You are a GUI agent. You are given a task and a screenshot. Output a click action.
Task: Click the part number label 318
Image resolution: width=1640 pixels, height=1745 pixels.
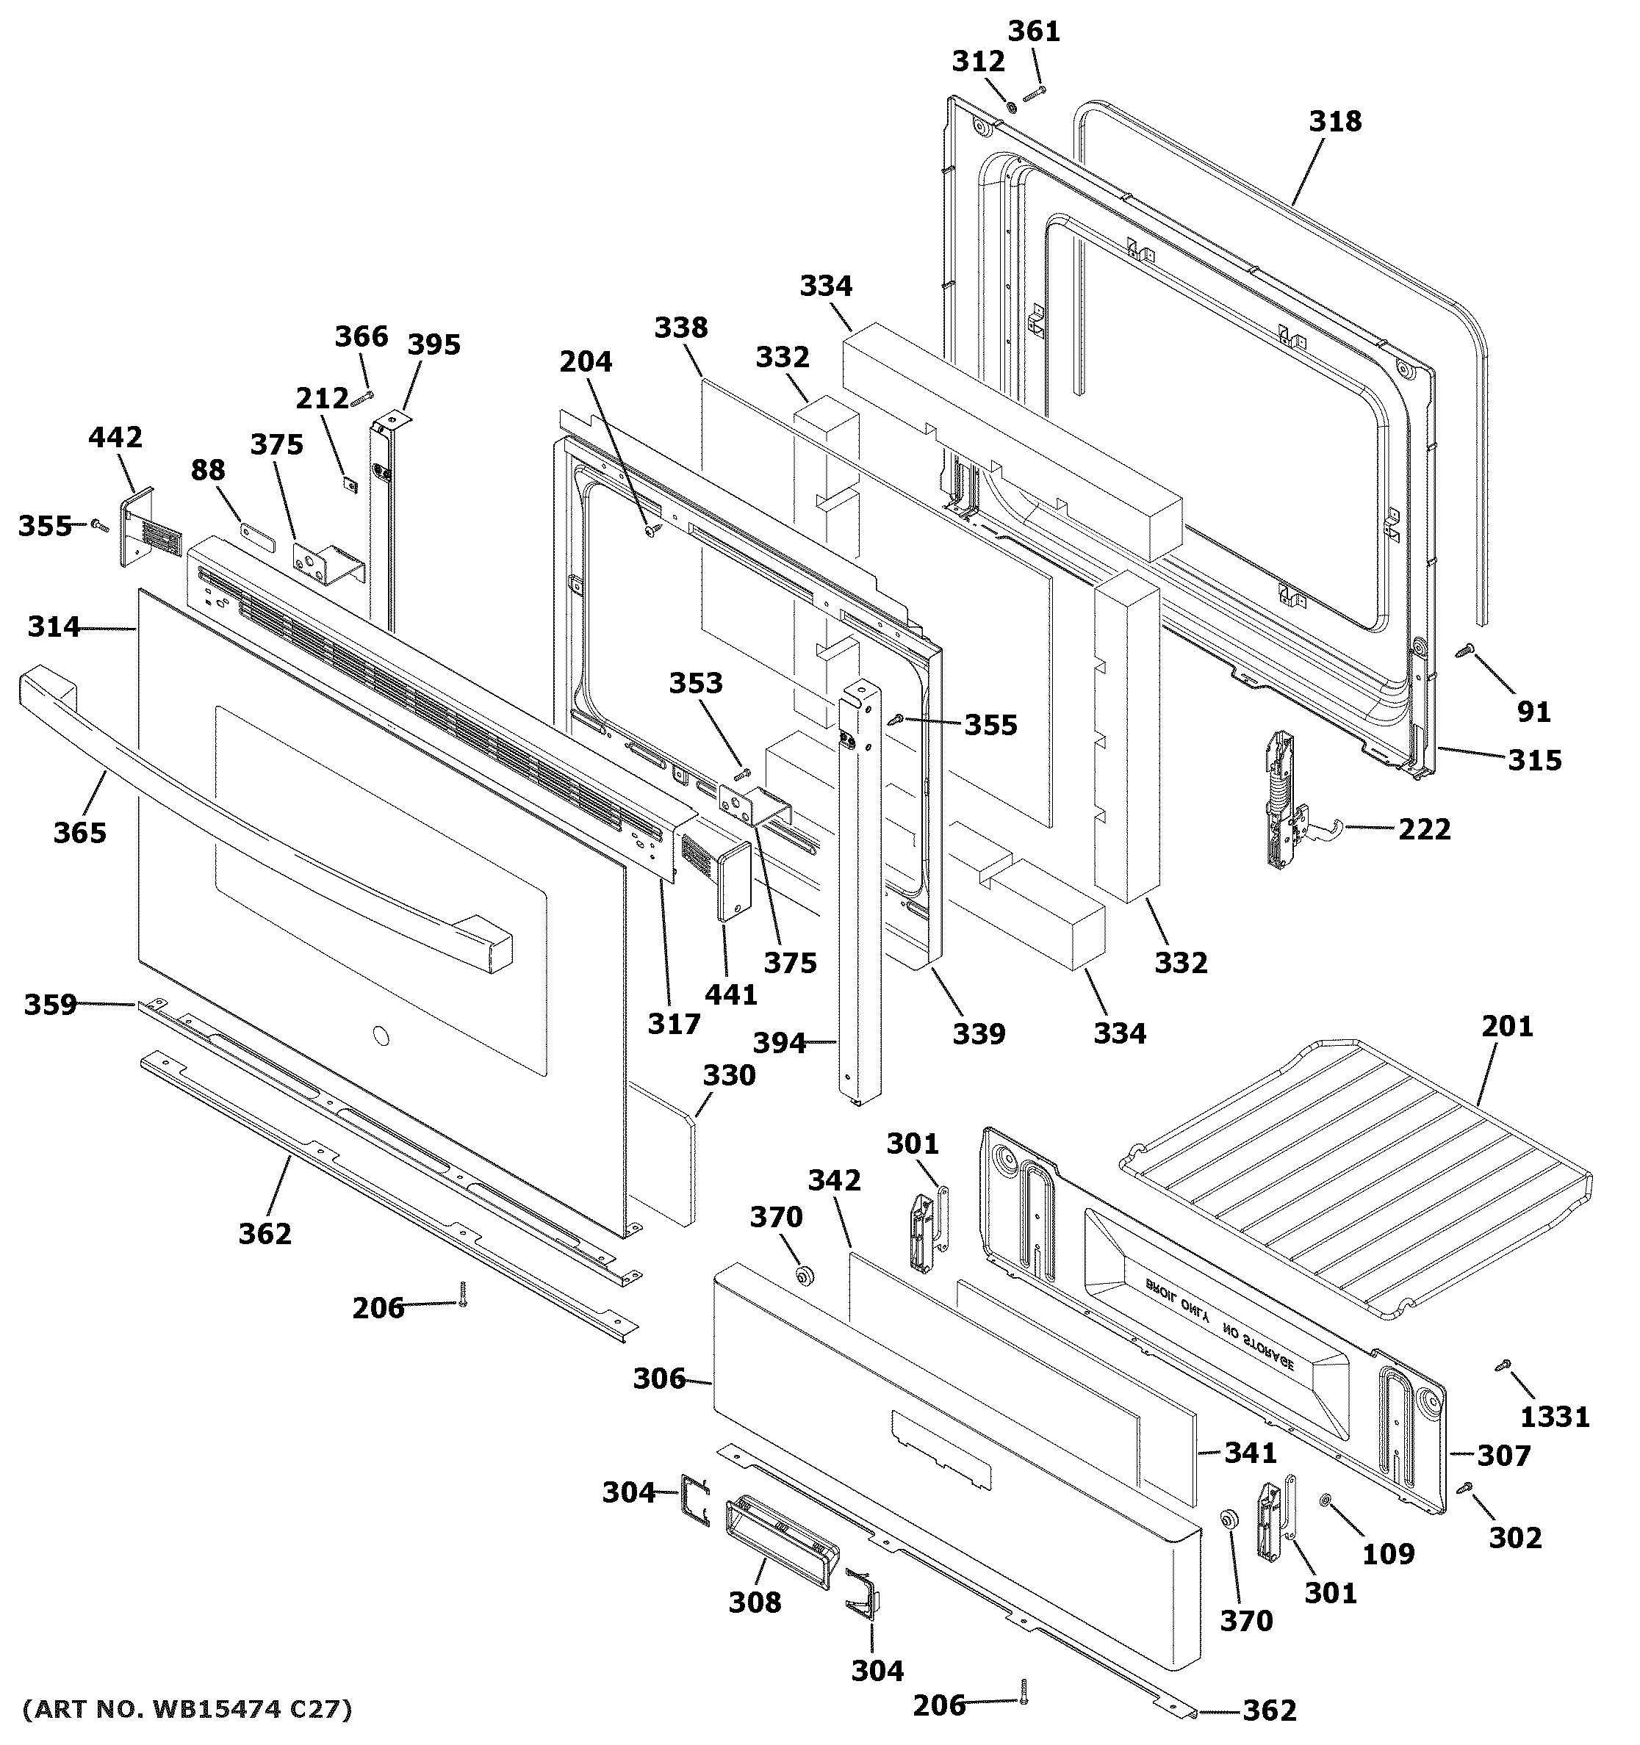[x=1334, y=121]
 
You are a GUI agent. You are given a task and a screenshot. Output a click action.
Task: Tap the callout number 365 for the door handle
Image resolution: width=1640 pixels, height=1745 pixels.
[x=80, y=832]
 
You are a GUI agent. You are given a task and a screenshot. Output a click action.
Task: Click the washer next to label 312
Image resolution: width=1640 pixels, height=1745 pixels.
[x=1010, y=107]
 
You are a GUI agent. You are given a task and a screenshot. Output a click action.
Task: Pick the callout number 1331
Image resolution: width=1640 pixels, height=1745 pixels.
[x=1554, y=1417]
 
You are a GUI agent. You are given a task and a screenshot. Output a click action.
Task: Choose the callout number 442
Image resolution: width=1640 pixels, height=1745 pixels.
[x=115, y=436]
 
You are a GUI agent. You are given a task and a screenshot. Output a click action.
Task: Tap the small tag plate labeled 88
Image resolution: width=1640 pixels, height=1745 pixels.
[x=257, y=534]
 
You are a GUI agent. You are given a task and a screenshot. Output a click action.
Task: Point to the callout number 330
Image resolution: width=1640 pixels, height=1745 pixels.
[x=729, y=1074]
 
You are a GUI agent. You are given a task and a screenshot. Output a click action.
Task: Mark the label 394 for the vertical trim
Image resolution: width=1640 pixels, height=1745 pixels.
[x=779, y=1043]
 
